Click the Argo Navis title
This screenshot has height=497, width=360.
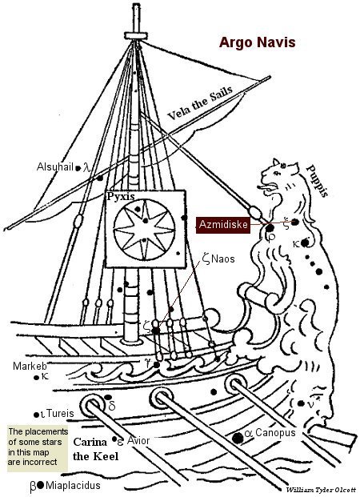257,42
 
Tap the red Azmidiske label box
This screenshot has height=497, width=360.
223,225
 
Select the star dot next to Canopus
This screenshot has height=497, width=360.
238,438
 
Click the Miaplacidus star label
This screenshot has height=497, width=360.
73,485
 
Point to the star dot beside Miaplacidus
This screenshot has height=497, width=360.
40,485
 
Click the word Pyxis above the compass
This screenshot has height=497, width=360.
121,197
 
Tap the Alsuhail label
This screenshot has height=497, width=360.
55,166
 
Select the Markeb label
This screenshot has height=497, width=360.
30,366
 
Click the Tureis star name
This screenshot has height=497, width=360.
60,413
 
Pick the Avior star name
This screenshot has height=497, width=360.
138,441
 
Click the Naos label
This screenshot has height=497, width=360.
223,259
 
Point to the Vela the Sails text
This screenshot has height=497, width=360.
200,102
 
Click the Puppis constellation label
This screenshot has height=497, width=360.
318,181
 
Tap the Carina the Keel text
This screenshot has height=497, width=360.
96,449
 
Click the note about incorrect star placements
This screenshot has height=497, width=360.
38,447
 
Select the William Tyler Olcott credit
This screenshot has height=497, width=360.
322,490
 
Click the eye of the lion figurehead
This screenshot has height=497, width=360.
278,173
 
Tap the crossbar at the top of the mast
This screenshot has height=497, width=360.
136,35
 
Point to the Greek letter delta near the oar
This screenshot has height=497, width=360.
112,406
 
